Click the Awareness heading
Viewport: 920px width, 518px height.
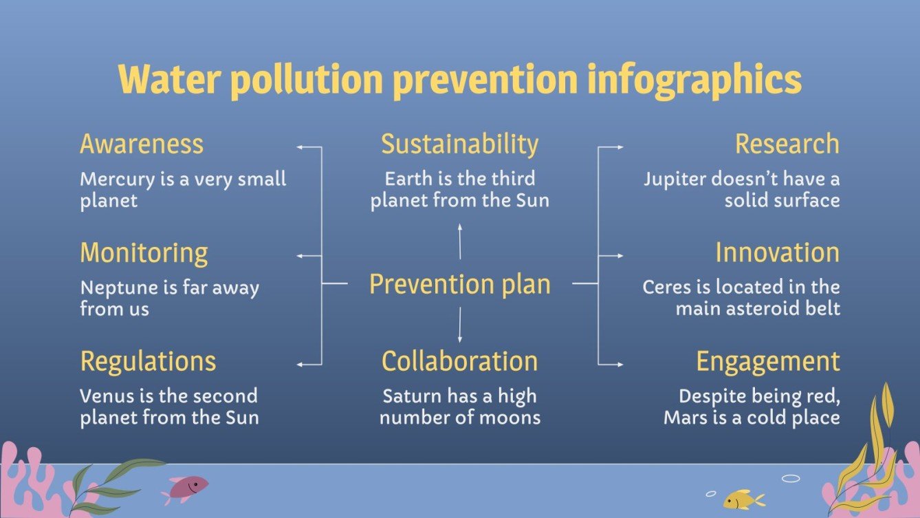coord(142,144)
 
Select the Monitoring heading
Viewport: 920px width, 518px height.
coord(144,252)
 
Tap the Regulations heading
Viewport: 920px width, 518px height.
coord(148,361)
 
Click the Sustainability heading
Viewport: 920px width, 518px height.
coord(459,144)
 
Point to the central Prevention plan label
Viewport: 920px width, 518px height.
coord(459,283)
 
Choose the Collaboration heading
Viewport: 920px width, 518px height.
coord(459,361)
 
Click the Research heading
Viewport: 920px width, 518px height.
coord(787,144)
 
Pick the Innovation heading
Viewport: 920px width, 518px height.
coord(777,252)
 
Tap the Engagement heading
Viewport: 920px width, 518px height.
coord(767,361)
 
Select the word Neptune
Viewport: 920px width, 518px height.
coord(112,288)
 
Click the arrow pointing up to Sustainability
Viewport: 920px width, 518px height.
coord(460,241)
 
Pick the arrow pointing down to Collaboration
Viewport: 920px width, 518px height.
coord(460,325)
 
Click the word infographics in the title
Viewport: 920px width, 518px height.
coord(694,80)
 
